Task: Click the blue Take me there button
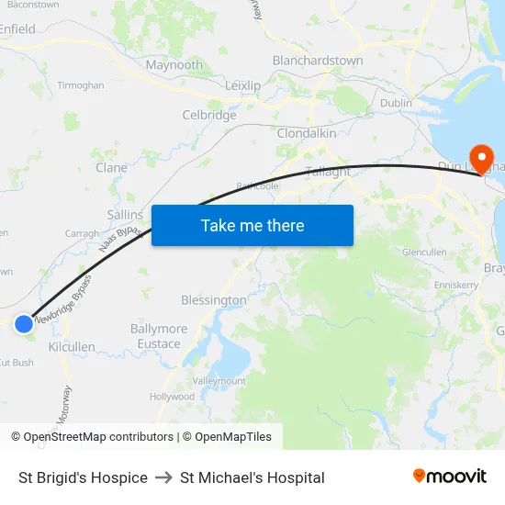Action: [252, 225]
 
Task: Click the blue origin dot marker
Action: [24, 323]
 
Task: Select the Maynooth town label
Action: [174, 65]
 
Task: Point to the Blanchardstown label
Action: [318, 61]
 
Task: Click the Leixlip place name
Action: [243, 85]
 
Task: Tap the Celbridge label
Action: [209, 116]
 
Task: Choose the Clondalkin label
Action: [307, 133]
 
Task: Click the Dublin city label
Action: [396, 104]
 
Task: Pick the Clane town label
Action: [112, 168]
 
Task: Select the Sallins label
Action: [126, 214]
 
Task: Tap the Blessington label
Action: [214, 300]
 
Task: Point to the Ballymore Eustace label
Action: [159, 336]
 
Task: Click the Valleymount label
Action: [219, 380]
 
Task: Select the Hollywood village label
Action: [173, 397]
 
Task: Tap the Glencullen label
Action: [423, 252]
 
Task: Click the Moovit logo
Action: [449, 476]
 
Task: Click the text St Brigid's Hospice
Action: [83, 477]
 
